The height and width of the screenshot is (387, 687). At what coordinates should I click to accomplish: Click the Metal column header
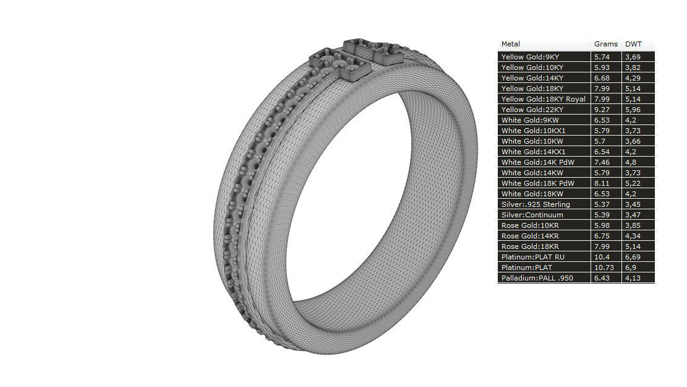pyautogui.click(x=511, y=44)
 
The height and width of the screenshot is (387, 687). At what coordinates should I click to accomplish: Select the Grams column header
pyautogui.click(x=605, y=44)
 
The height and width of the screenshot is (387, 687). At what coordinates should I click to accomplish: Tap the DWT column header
pyautogui.click(x=633, y=44)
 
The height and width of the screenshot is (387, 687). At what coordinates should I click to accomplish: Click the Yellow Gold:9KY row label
pyautogui.click(x=530, y=57)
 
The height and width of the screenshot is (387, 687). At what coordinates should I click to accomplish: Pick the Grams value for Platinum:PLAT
pyautogui.click(x=604, y=267)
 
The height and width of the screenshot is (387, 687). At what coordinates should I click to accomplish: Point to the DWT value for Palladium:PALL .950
pyautogui.click(x=633, y=278)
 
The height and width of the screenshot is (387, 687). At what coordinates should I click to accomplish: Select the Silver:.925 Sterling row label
pyautogui.click(x=536, y=204)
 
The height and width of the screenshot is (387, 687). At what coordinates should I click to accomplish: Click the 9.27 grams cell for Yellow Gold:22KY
pyautogui.click(x=602, y=110)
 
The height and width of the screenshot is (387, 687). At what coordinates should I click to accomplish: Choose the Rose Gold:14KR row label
pyautogui.click(x=530, y=236)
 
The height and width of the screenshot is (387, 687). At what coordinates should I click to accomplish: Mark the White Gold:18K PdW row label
pyautogui.click(x=537, y=183)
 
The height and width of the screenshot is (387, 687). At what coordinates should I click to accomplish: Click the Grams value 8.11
pyautogui.click(x=602, y=183)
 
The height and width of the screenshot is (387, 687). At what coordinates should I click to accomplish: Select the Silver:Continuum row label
pyautogui.click(x=532, y=215)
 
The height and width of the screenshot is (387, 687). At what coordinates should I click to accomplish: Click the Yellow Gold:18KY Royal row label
pyautogui.click(x=543, y=99)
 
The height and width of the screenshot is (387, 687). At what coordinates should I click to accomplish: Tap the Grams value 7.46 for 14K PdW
pyautogui.click(x=602, y=162)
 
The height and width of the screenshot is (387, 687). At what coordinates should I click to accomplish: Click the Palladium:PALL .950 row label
pyautogui.click(x=537, y=278)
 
